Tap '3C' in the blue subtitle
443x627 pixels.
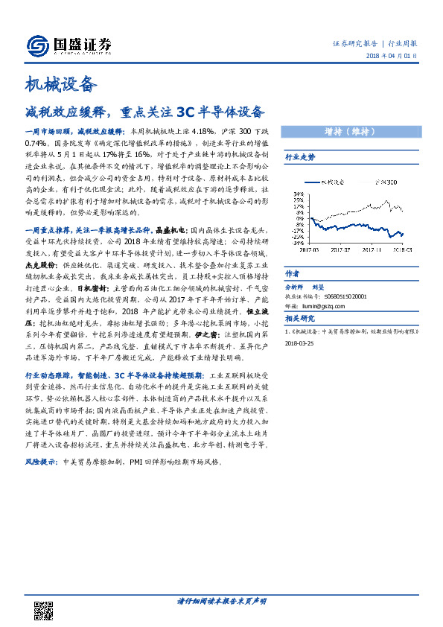click(186, 113)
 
